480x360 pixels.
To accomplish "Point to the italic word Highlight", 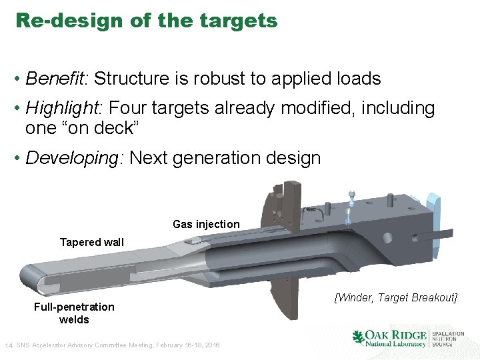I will click(63, 108).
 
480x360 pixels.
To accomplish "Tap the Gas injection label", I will click(206, 224).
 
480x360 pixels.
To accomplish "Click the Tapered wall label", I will click(92, 242).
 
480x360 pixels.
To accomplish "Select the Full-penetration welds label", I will click(74, 313).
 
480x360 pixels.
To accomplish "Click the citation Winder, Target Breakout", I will click(396, 297).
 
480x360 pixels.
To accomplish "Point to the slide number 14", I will click(9, 345).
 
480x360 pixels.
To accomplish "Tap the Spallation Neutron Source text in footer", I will click(448, 338).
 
